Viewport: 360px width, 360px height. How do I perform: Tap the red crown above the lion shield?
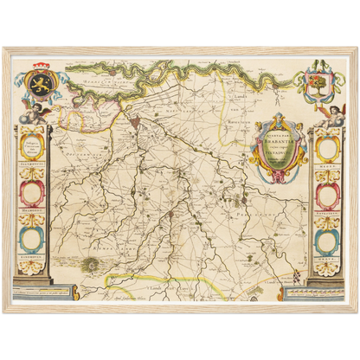click(42, 67)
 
